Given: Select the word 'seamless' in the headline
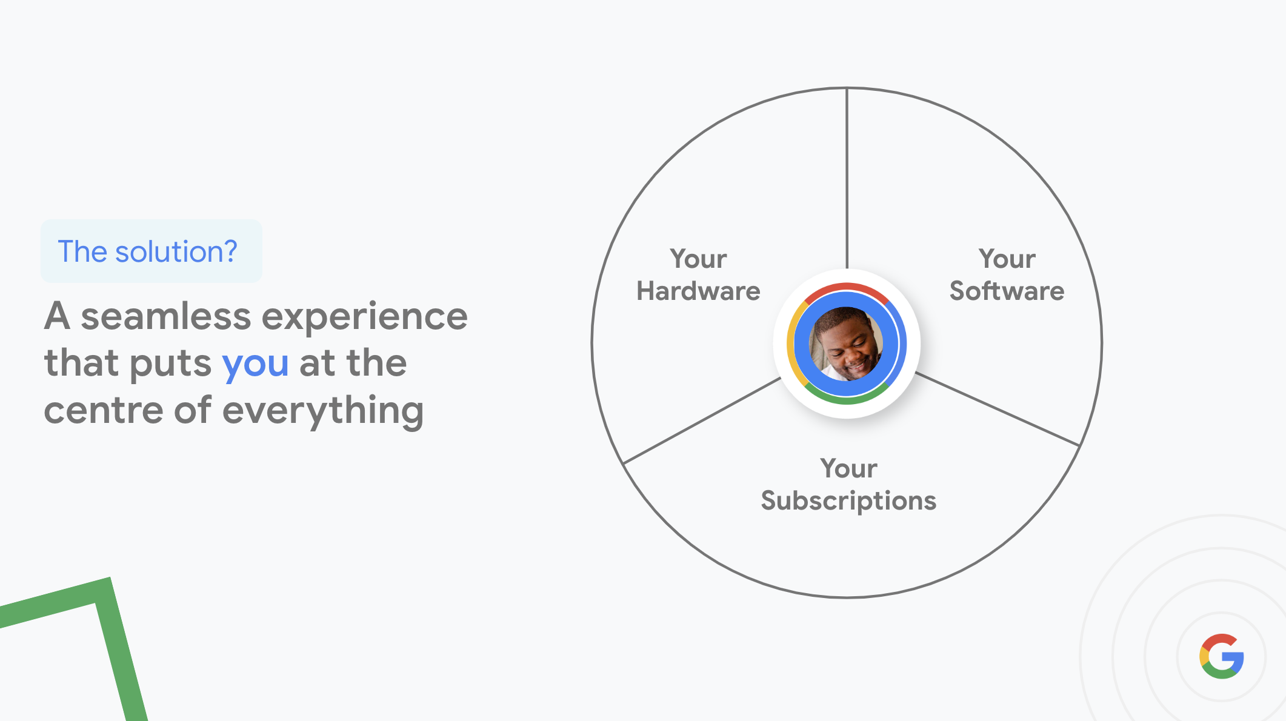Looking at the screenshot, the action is (165, 316).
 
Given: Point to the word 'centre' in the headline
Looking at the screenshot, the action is (104, 411).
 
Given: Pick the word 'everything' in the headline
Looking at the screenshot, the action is (323, 412).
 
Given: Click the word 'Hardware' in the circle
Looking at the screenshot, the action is (698, 291).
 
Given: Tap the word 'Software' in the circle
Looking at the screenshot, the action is (1007, 291).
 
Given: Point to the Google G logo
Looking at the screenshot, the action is (1222, 656).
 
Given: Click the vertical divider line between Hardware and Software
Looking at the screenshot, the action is (847, 179).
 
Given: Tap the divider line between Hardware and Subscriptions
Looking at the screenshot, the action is (702, 421).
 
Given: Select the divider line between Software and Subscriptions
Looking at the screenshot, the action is (998, 410).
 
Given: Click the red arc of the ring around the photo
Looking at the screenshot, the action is (847, 287).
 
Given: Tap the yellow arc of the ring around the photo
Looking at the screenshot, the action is (791, 344).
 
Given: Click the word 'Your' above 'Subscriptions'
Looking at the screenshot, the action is (848, 468).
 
